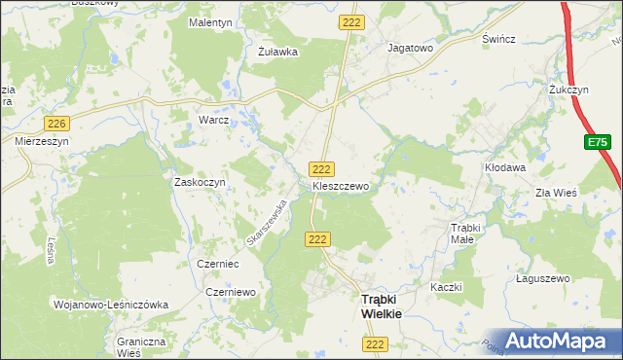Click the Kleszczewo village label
(x=340, y=183)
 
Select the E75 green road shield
(x=598, y=142)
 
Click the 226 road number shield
(x=57, y=122)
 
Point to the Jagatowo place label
(x=410, y=47)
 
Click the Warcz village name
(x=213, y=121)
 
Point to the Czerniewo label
(x=231, y=291)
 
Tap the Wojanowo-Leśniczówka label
(x=111, y=305)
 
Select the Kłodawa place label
(x=505, y=167)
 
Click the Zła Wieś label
(x=556, y=193)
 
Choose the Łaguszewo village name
(x=542, y=278)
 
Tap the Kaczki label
(x=445, y=287)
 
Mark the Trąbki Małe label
(x=462, y=233)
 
